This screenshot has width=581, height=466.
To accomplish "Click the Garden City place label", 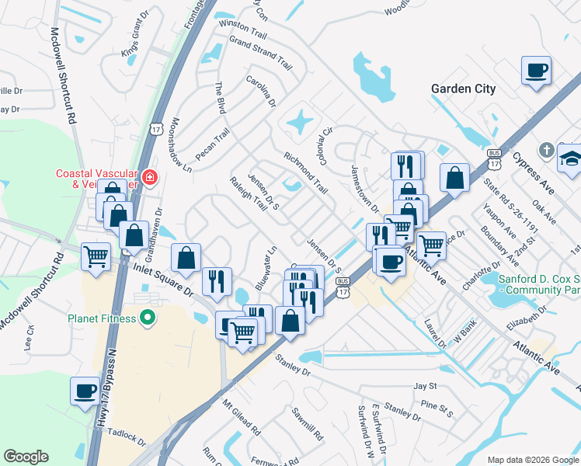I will [x=463, y=89].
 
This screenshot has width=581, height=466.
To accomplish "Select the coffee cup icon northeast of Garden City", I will [x=537, y=71].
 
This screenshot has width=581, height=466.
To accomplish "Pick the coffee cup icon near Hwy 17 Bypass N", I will [x=85, y=391].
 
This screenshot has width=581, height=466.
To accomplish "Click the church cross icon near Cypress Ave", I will [x=547, y=150].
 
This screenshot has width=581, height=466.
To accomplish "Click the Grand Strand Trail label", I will [x=259, y=51].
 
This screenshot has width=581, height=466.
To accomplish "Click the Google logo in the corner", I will [x=26, y=457].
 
